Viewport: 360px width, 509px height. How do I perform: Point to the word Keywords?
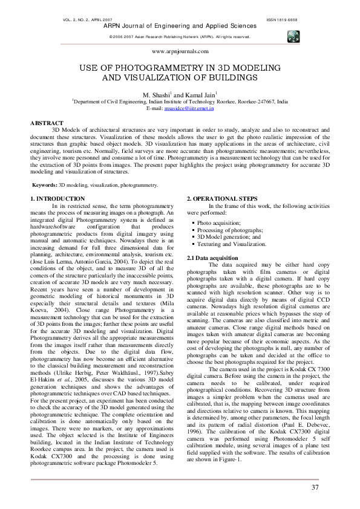(45, 184)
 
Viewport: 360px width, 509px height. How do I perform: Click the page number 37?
(315, 471)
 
